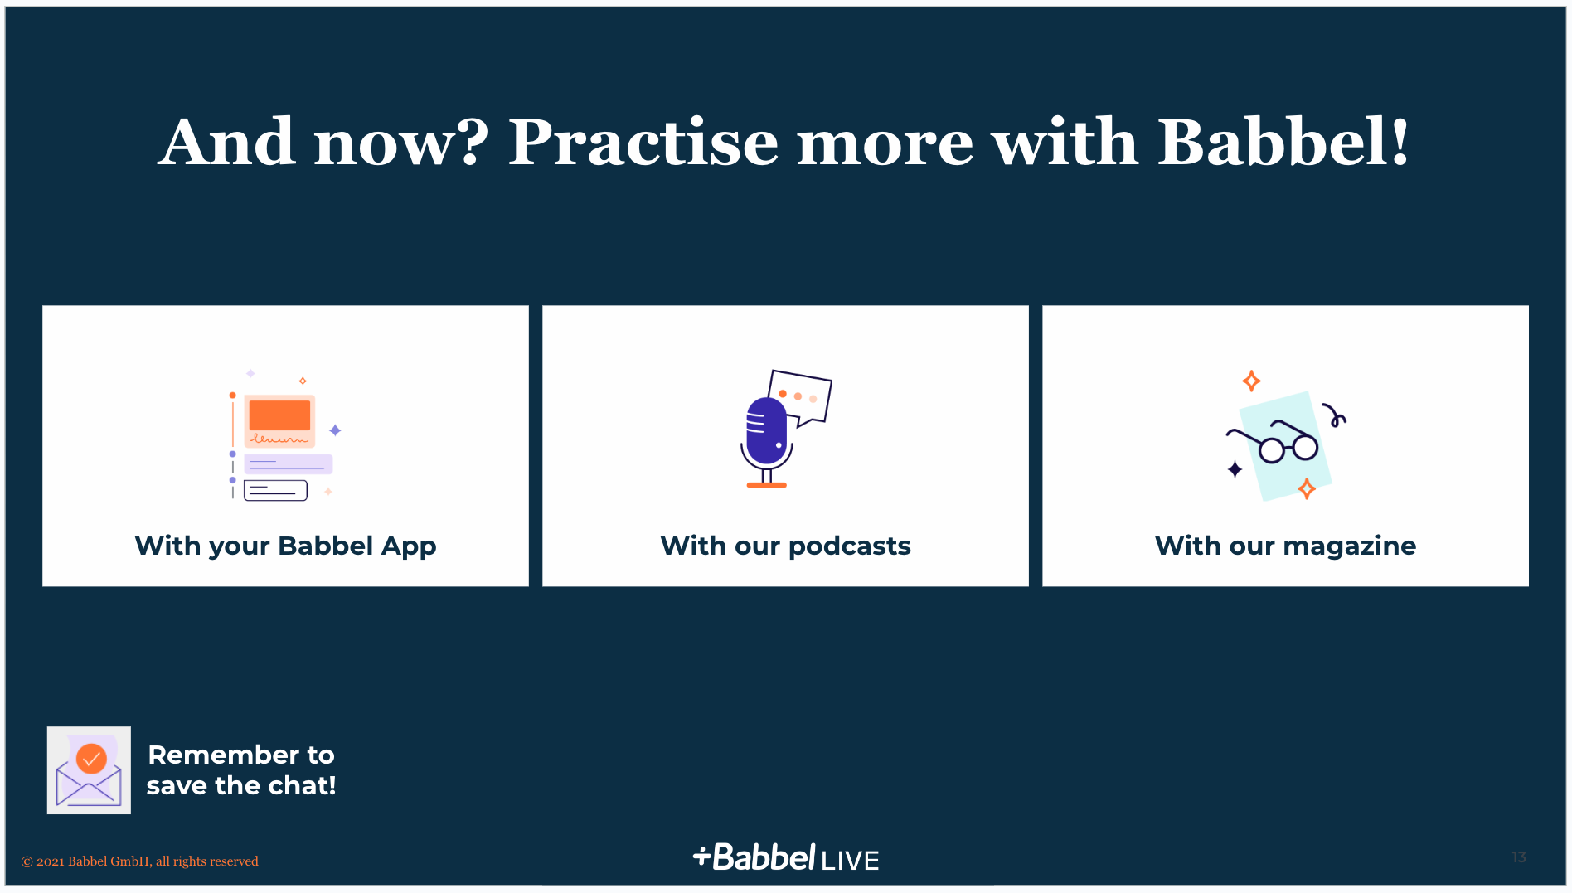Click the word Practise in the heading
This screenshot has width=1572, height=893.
(x=643, y=142)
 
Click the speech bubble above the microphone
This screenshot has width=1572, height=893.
(x=799, y=397)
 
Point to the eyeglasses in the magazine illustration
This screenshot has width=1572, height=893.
(x=1272, y=442)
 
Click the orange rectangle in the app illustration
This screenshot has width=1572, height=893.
(x=279, y=415)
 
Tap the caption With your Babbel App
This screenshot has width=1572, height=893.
(x=285, y=546)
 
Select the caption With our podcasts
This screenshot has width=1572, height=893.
(x=785, y=546)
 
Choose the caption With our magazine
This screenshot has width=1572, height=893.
(x=1285, y=546)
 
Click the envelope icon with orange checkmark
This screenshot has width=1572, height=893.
(x=89, y=770)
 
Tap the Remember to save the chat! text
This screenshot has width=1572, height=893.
(x=241, y=770)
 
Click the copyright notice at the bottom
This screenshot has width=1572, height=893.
(x=139, y=861)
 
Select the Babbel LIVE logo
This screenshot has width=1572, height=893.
(x=786, y=858)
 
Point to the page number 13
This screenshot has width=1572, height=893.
(x=1519, y=857)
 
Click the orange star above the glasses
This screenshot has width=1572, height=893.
(x=1251, y=381)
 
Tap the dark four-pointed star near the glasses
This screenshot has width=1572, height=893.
(x=1235, y=470)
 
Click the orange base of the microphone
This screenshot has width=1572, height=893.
(x=766, y=485)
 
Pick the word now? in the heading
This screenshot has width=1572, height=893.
(x=401, y=142)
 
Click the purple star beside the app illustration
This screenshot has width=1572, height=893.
(x=335, y=430)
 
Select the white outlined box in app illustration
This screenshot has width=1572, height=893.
(x=275, y=491)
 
